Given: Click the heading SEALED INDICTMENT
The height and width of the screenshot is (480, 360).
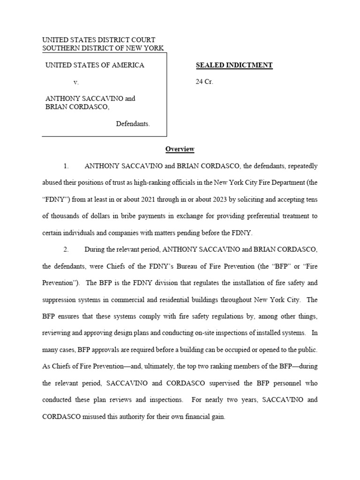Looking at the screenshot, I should point(234,65).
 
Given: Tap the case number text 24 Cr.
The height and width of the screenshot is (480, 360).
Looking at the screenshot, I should point(204,82).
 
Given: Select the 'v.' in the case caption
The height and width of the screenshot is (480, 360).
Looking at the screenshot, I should point(76,82).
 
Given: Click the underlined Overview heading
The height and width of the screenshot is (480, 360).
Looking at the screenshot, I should point(180,149).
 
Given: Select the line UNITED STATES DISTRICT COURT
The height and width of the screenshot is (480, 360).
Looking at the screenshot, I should point(98,40).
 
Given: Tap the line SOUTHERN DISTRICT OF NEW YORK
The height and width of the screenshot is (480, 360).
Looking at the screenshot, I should point(103,48).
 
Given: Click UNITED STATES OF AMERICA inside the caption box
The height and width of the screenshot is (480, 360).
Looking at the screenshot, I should point(95,65).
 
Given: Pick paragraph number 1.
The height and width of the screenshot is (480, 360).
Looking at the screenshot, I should point(66,166).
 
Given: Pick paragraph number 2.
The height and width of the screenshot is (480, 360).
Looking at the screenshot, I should point(66,249).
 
